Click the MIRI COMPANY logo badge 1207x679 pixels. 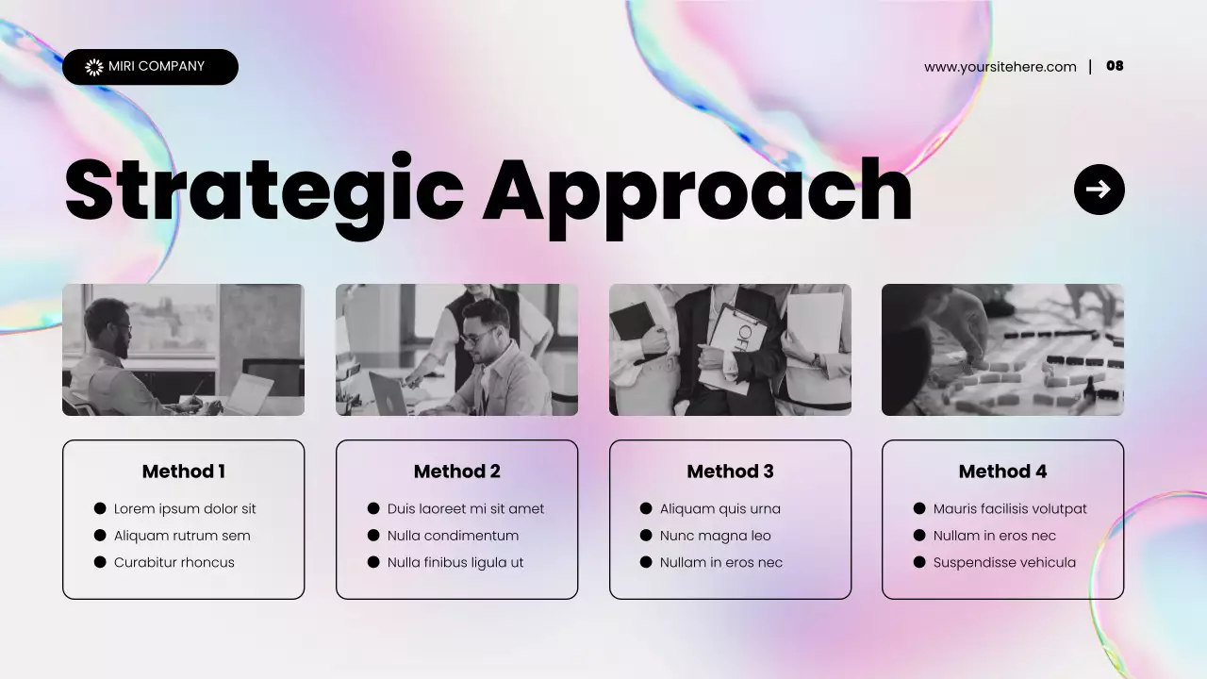coord(150,67)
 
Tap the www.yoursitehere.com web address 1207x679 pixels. coord(1000,67)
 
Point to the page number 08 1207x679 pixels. coord(1115,66)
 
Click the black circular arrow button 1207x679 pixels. coord(1099,190)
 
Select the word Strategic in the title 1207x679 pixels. coord(264,191)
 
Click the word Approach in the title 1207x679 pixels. coord(698,191)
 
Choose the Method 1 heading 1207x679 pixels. coord(183,472)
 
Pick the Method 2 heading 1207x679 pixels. coord(456,472)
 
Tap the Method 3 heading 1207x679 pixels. coord(730,472)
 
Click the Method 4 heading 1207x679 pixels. coord(1002,472)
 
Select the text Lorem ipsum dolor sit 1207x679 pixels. coord(185,509)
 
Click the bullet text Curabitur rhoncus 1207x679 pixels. coord(174,563)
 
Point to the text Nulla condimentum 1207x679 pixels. coord(453,536)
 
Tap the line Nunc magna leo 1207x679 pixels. coord(715,536)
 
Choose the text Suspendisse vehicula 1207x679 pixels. coord(1004,563)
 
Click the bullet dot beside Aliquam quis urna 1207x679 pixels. coord(646,509)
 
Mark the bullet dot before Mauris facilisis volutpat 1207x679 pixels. coord(919,509)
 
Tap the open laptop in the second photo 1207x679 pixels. coord(389,394)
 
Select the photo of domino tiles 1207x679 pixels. coord(1002,350)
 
